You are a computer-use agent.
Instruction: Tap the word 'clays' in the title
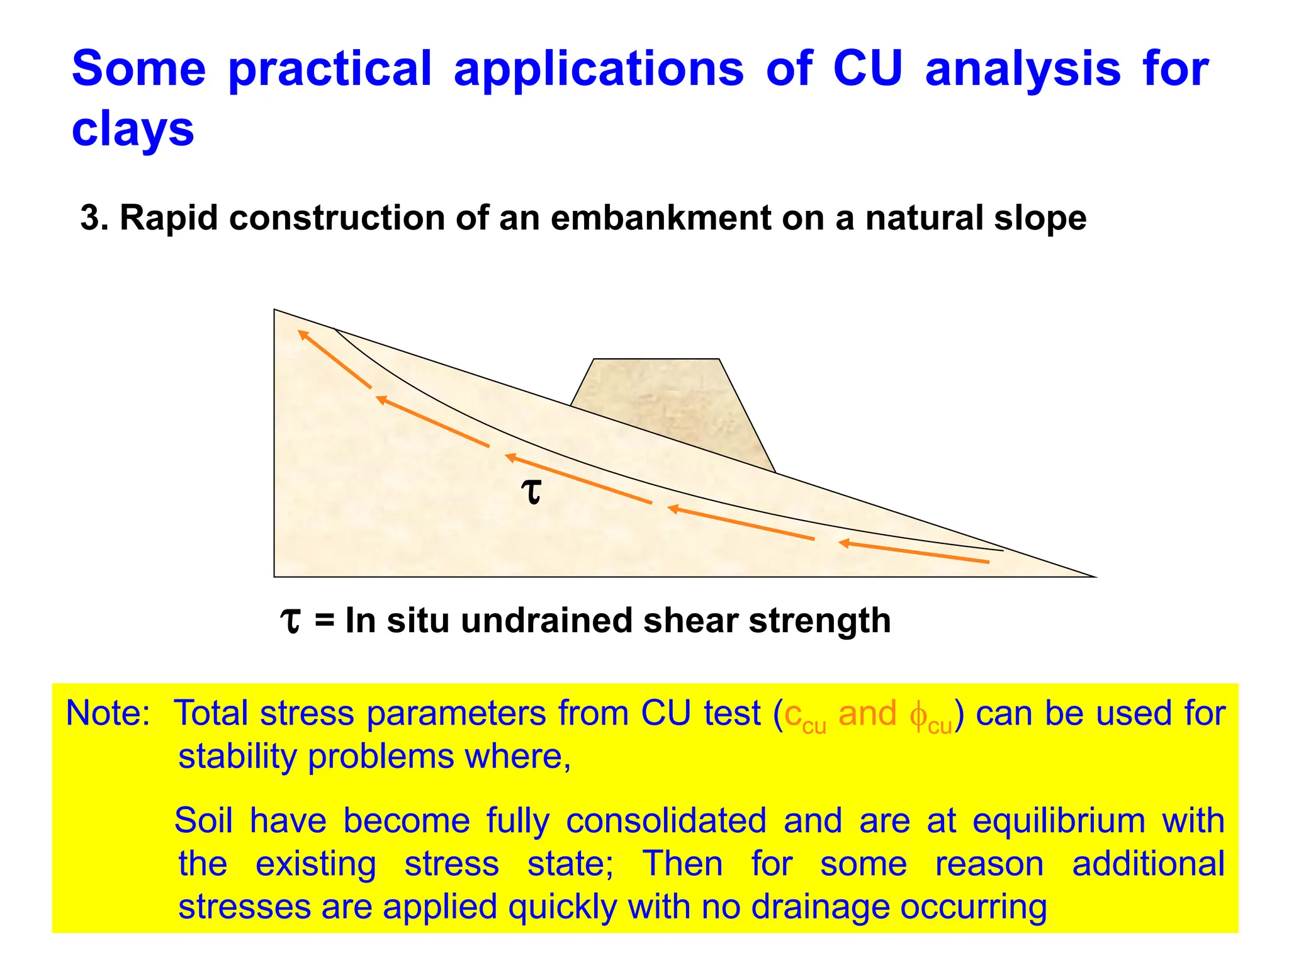coord(133,130)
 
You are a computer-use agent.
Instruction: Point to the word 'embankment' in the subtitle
coord(660,218)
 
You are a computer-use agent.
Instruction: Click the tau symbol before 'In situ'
coord(290,621)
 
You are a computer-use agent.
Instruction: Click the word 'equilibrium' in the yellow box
coord(1058,822)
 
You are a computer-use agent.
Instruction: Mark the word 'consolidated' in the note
coord(666,822)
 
